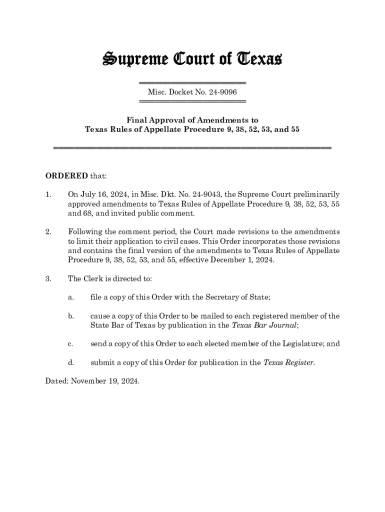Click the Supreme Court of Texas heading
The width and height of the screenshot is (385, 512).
coord(192,59)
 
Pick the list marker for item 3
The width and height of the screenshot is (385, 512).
coord(48,278)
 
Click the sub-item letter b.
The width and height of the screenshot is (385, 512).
coord(71,316)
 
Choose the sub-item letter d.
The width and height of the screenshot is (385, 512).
coord(71,362)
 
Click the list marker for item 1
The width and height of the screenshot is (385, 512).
coord(48,194)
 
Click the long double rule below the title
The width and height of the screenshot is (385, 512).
coord(192,148)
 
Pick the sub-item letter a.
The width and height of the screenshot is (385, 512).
coord(71,297)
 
